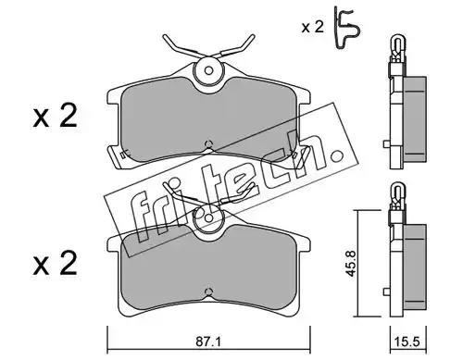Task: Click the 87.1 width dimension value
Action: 208,341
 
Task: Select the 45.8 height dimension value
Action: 351,263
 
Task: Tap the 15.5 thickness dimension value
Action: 408,341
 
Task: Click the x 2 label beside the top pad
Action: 55,117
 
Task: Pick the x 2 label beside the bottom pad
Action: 55,264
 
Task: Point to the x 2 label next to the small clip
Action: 313,27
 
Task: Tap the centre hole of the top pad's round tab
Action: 209,71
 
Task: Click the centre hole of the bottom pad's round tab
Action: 209,218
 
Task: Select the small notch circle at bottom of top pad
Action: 209,143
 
